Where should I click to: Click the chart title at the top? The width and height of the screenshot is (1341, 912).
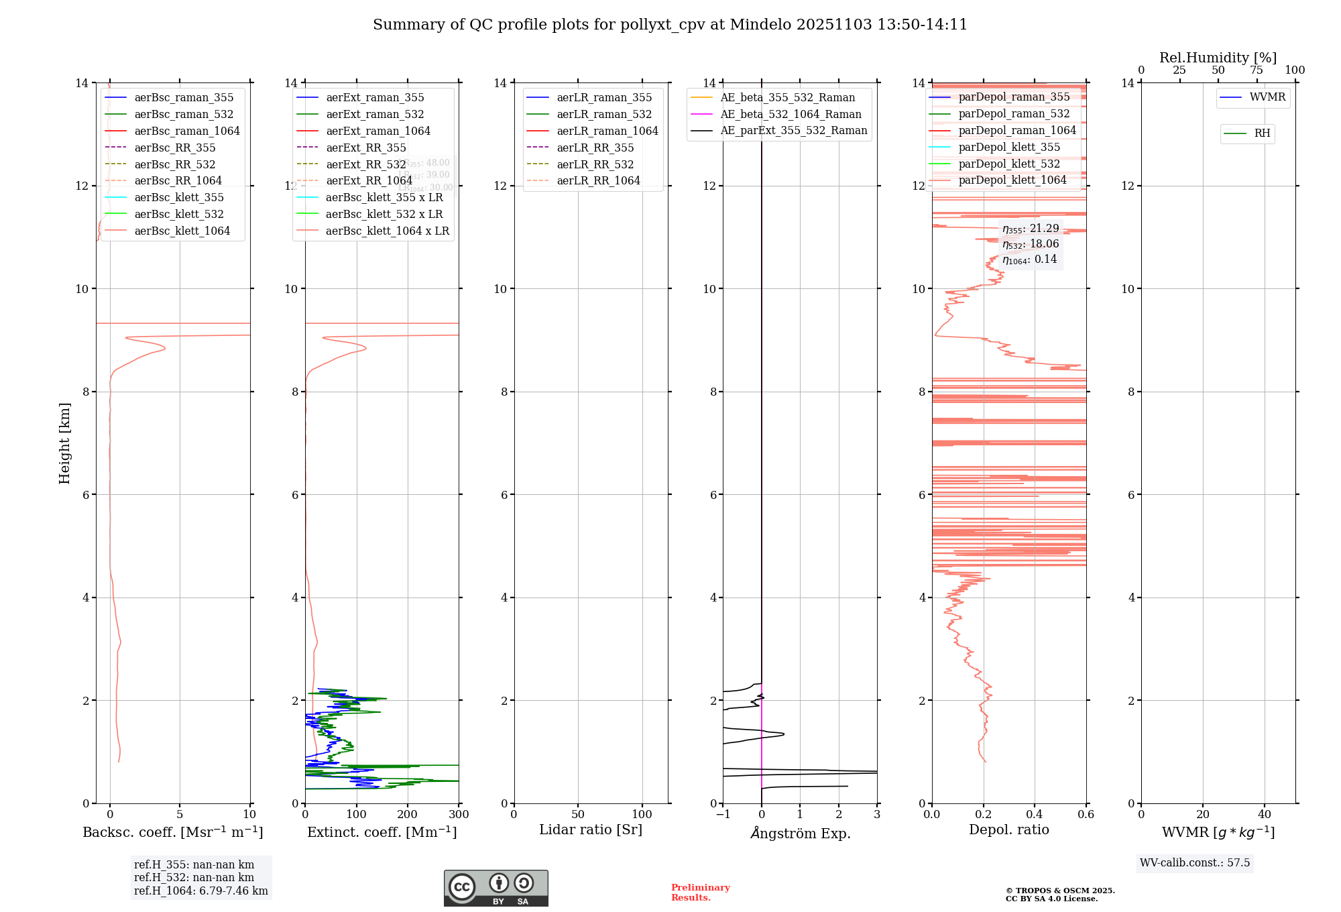(x=670, y=25)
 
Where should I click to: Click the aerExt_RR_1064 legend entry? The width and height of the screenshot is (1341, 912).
(x=369, y=181)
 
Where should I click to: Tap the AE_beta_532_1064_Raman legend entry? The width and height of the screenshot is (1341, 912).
(x=791, y=115)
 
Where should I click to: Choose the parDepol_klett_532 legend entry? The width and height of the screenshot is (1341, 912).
(x=1009, y=164)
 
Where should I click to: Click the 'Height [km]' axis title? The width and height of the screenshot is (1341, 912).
(x=64, y=443)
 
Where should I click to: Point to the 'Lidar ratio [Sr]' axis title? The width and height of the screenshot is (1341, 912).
(x=591, y=830)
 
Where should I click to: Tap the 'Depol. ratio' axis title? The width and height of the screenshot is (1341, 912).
(x=1008, y=830)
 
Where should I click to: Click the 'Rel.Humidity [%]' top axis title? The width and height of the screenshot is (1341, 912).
(x=1218, y=58)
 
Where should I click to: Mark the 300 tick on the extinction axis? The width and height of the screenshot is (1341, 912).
(x=459, y=815)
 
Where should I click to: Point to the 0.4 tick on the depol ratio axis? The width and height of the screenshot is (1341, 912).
(x=1035, y=815)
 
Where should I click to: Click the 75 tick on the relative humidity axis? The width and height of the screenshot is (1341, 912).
(x=1257, y=70)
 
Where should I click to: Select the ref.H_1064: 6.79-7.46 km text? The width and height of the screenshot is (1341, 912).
(x=201, y=891)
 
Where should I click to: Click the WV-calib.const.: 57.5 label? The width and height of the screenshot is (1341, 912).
(x=1195, y=863)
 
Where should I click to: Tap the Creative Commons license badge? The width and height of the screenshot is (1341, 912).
(x=495, y=889)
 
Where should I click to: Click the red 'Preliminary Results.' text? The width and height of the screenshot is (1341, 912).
(x=700, y=893)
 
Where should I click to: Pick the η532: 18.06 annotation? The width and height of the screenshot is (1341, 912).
(x=1031, y=244)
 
